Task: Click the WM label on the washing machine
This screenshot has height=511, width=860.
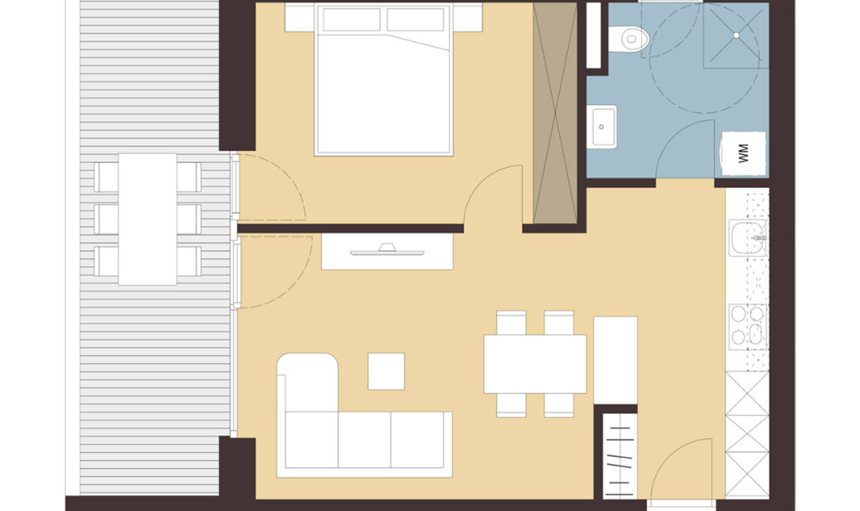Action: [744, 153]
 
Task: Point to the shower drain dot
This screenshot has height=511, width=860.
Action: [736, 36]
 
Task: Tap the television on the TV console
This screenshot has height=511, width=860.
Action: [387, 249]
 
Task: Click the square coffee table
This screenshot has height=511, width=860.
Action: [386, 372]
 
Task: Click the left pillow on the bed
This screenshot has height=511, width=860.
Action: [351, 19]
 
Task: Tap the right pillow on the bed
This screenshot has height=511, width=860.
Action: [415, 19]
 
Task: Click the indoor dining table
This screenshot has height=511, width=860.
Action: [535, 364]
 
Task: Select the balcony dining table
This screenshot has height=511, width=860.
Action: [148, 219]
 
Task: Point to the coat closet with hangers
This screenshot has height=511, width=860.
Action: [619, 456]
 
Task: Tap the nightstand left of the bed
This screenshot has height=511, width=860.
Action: [300, 17]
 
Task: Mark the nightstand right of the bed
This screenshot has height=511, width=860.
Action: [468, 17]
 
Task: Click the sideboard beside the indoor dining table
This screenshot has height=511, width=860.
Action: [615, 360]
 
